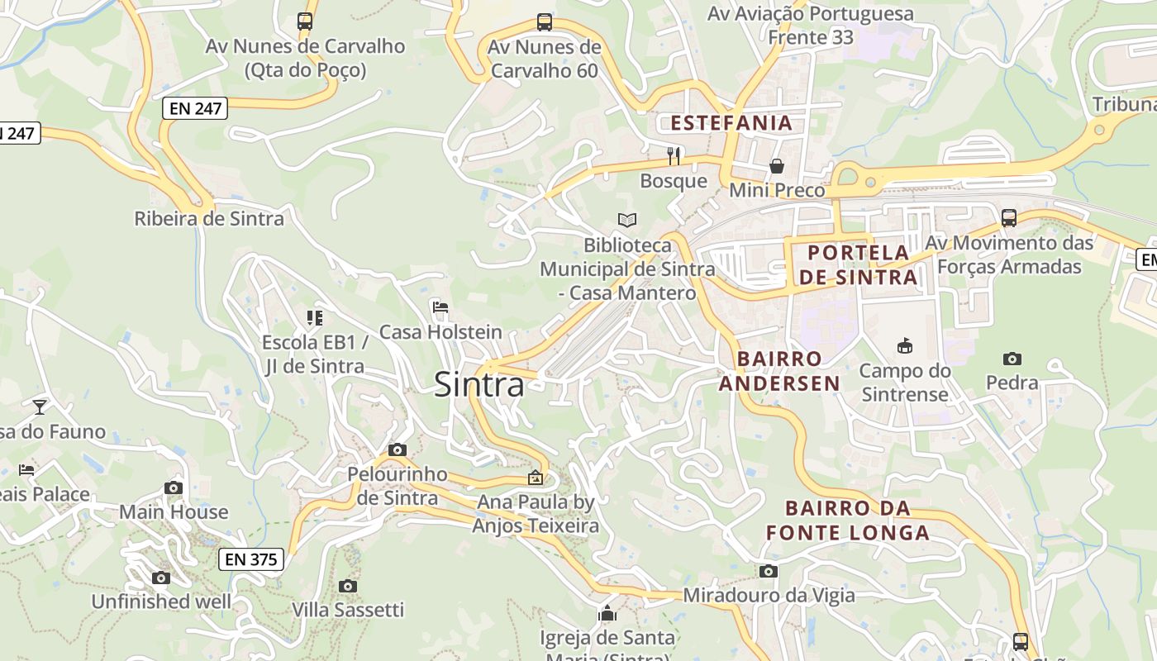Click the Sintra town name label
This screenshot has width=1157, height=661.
pos(479,385)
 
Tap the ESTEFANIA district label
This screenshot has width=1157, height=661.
pos(731,123)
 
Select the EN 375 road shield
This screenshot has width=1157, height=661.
pos(251,559)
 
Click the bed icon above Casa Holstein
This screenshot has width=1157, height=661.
pos(440,307)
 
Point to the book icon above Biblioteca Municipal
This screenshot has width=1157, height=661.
pos(627,220)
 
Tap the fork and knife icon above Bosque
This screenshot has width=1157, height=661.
pos(674,155)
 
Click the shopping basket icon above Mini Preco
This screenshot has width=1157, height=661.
pos(777,166)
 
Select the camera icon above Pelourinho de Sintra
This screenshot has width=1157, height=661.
pos(398,449)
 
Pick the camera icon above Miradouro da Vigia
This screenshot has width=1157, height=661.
pos(769,571)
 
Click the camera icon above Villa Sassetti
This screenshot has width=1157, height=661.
pos(348,586)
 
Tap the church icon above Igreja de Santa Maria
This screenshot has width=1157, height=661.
pos(607,613)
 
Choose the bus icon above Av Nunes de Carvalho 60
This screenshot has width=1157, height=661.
pos(544,22)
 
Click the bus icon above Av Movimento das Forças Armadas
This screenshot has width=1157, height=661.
pos(1009,218)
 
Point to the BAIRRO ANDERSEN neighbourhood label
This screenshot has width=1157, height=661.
pos(779,371)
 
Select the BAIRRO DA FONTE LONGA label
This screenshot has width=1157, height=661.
pos(848,521)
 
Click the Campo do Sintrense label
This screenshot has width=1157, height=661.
pos(905,383)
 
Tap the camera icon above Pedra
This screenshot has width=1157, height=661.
pos(1012,359)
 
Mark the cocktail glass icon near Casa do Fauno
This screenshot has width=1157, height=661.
pos(39,407)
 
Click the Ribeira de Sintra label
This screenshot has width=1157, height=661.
pos(209,219)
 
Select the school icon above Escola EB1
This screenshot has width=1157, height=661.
pos(314,317)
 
